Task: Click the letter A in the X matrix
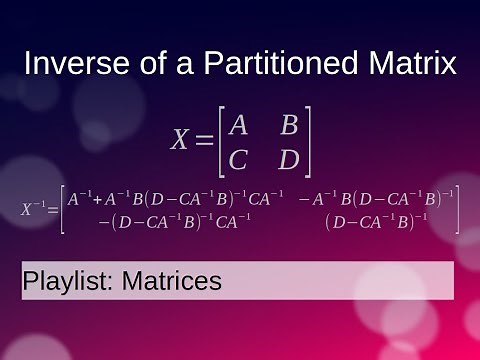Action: click(238, 126)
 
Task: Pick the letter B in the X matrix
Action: click(289, 126)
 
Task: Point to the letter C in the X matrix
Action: click(238, 159)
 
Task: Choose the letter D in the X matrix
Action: click(289, 159)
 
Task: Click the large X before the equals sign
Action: click(180, 141)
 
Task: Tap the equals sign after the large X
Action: click(203, 142)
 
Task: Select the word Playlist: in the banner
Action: click(67, 282)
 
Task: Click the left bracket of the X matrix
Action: click(221, 142)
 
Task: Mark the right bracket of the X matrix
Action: click(309, 142)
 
